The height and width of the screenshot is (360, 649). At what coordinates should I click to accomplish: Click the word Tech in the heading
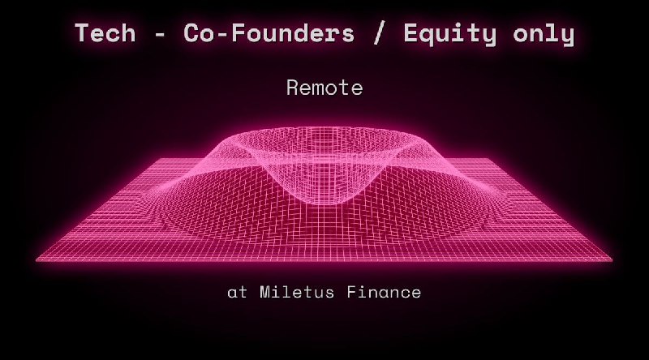(104, 33)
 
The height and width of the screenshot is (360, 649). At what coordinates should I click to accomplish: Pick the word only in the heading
(544, 33)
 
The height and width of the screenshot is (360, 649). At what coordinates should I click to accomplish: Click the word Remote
(324, 88)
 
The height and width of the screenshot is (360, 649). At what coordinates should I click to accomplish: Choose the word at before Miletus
(237, 292)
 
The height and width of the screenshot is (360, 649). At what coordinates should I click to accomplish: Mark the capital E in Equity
(411, 33)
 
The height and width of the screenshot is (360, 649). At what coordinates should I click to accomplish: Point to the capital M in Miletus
(264, 292)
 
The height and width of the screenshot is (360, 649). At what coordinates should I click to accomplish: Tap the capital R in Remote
(293, 88)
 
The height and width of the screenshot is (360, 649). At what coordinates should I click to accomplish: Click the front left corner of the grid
(37, 259)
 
